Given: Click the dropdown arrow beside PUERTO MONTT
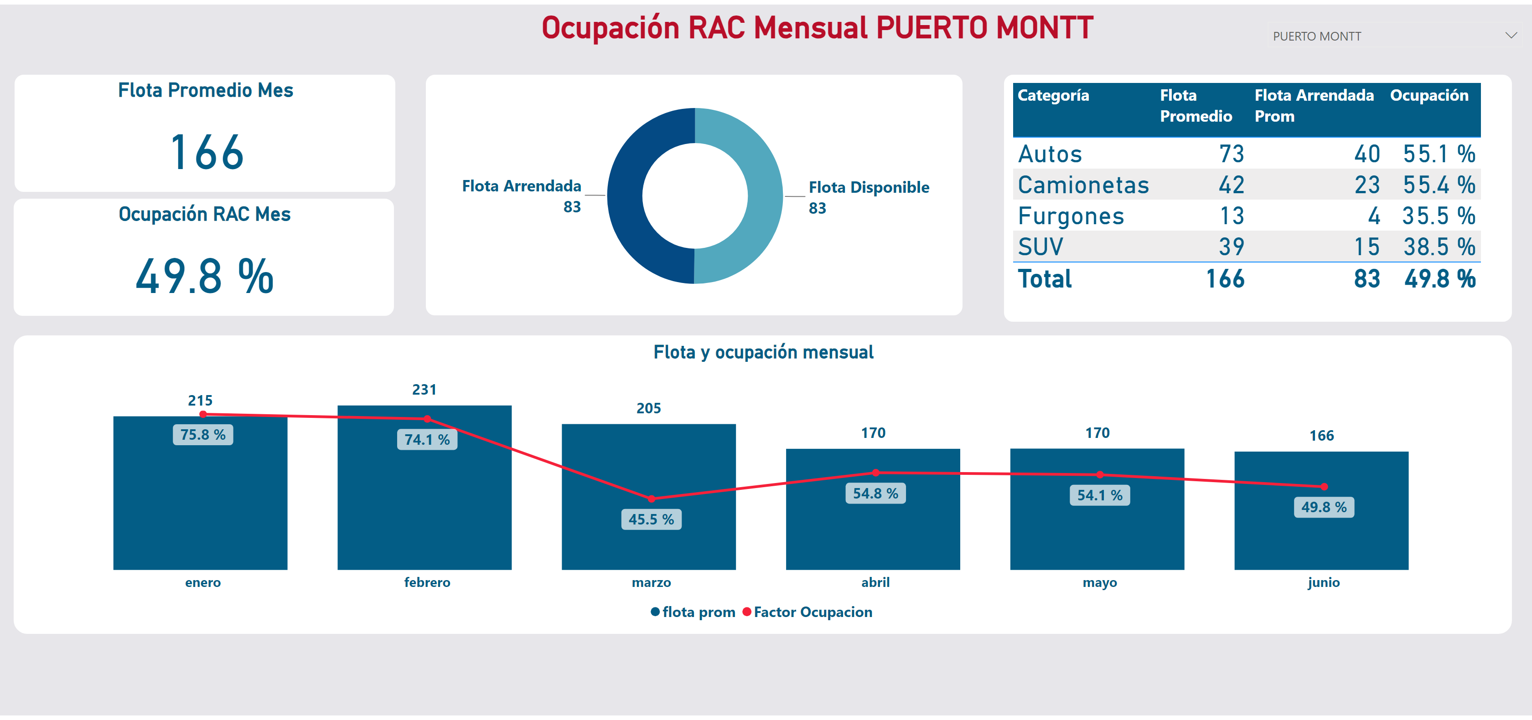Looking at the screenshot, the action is (1511, 36).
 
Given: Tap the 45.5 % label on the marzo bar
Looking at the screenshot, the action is (651, 519).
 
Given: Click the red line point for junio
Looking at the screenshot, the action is (1324, 486).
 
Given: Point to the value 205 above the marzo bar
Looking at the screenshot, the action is (649, 408).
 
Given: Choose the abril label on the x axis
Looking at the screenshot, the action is (875, 582).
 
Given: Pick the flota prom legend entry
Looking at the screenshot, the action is (693, 612).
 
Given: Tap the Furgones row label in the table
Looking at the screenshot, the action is (1071, 216).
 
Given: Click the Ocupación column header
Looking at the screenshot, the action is (1429, 95).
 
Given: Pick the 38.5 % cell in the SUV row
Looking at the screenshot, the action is (1439, 247).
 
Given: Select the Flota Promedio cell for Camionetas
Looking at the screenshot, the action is (1231, 185).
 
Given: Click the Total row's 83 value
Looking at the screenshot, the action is (1366, 279).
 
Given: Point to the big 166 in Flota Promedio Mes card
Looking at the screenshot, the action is (207, 152).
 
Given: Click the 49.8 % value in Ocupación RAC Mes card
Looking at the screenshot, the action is (205, 277).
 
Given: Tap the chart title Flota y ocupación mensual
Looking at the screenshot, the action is (764, 352).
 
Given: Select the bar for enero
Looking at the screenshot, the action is (201, 493).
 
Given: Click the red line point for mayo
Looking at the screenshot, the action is (1100, 474).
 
